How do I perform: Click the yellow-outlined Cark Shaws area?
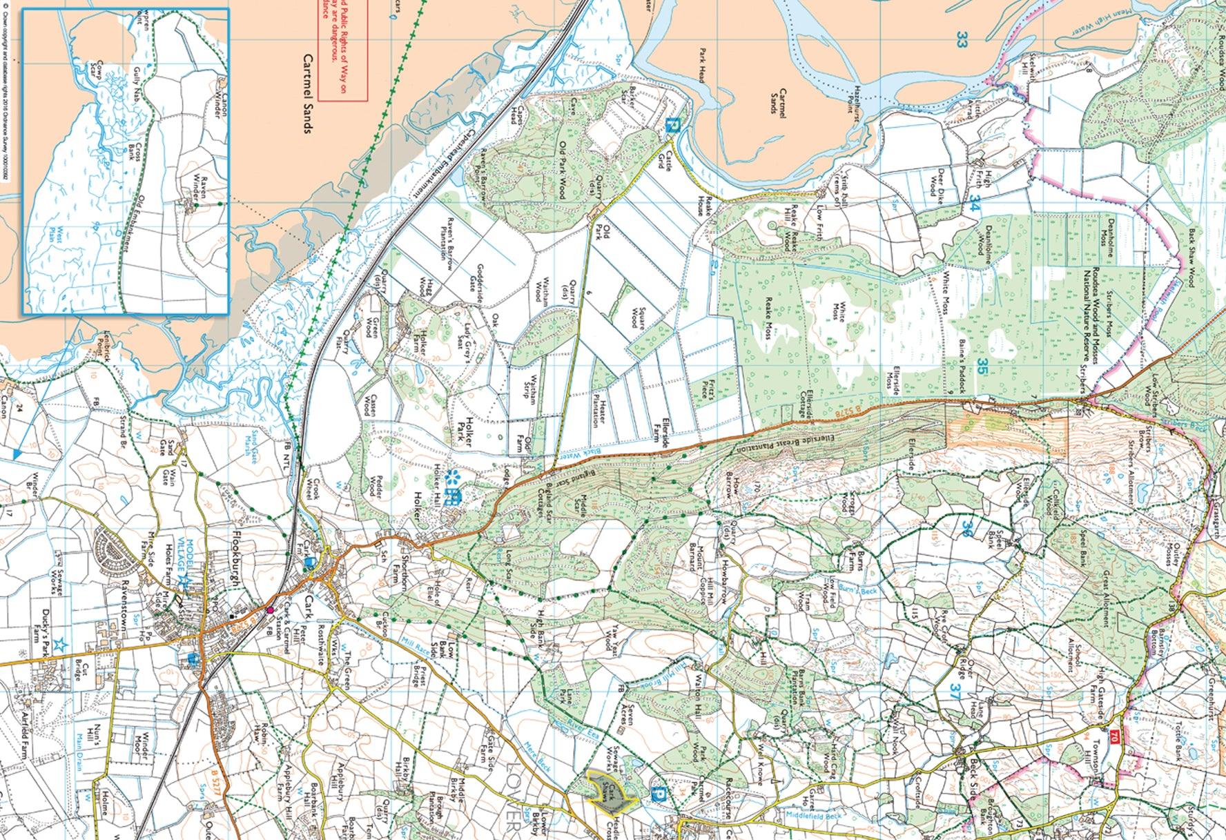[610, 789]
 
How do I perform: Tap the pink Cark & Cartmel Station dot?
[270, 609]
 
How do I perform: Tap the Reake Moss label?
[768, 322]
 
